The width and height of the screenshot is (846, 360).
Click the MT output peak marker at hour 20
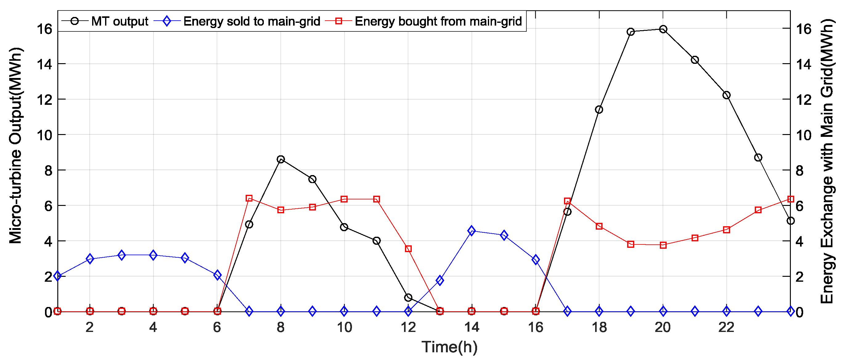pyautogui.click(x=663, y=29)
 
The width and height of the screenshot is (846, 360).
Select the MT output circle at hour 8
pyautogui.click(x=280, y=159)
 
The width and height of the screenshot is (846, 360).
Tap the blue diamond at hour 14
pyautogui.click(x=472, y=231)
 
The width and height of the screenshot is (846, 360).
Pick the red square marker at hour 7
pyautogui.click(x=249, y=198)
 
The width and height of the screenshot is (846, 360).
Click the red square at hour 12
pyautogui.click(x=408, y=249)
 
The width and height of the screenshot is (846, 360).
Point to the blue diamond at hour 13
pyautogui.click(x=440, y=280)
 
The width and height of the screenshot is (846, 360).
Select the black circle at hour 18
pyautogui.click(x=599, y=109)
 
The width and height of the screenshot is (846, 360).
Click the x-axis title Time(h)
pyautogui.click(x=449, y=347)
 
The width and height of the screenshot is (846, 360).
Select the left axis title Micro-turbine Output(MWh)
pyautogui.click(x=15, y=145)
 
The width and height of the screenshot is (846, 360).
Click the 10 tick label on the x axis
pyautogui.click(x=344, y=327)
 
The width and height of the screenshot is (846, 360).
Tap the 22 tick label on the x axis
pyautogui.click(x=726, y=327)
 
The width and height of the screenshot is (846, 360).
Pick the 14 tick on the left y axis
pyautogui.click(x=44, y=64)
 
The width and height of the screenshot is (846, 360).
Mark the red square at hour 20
pyautogui.click(x=663, y=245)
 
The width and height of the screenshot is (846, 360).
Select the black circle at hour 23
pyautogui.click(x=758, y=158)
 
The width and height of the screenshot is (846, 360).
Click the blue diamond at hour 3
pyautogui.click(x=121, y=255)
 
